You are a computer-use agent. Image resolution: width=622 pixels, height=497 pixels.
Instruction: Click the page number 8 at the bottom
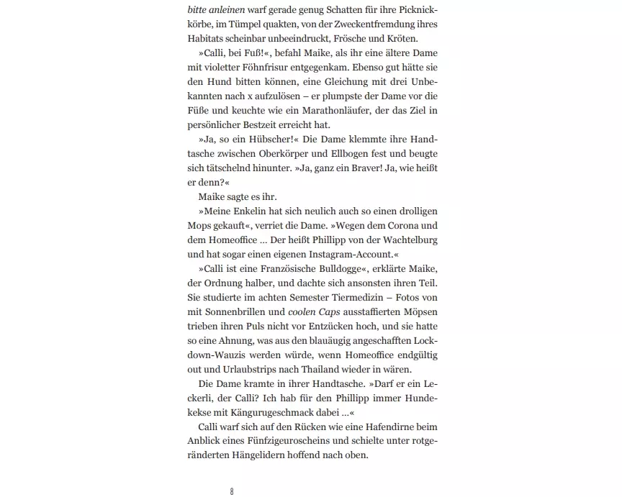(x=232, y=491)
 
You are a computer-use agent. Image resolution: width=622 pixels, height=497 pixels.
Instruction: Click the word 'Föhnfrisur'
(x=269, y=67)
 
